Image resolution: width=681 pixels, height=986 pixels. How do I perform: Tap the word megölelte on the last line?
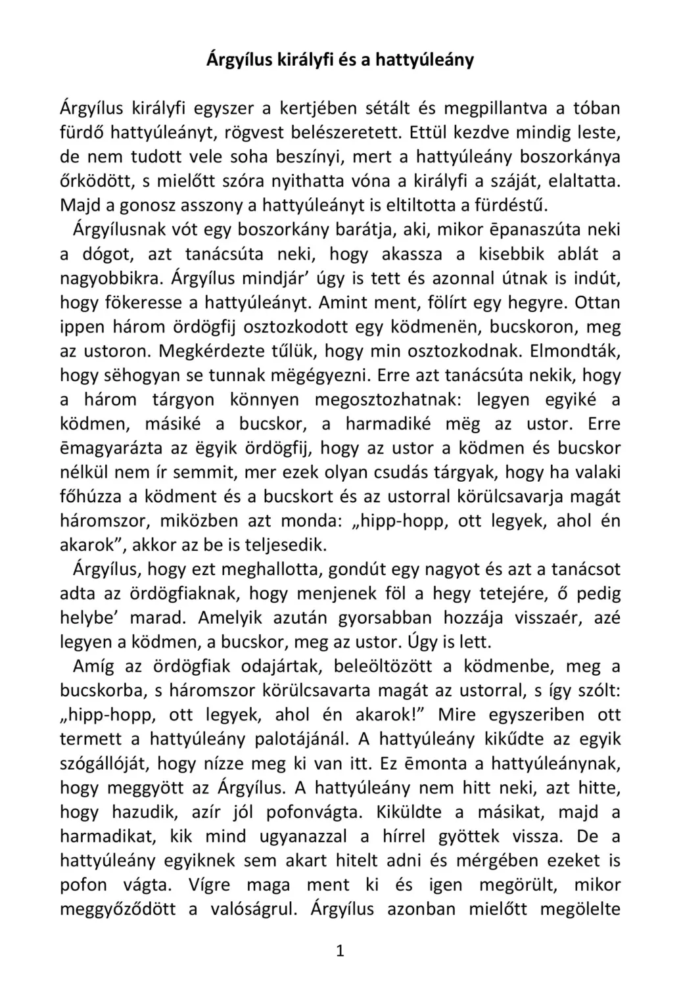pos(580,909)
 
